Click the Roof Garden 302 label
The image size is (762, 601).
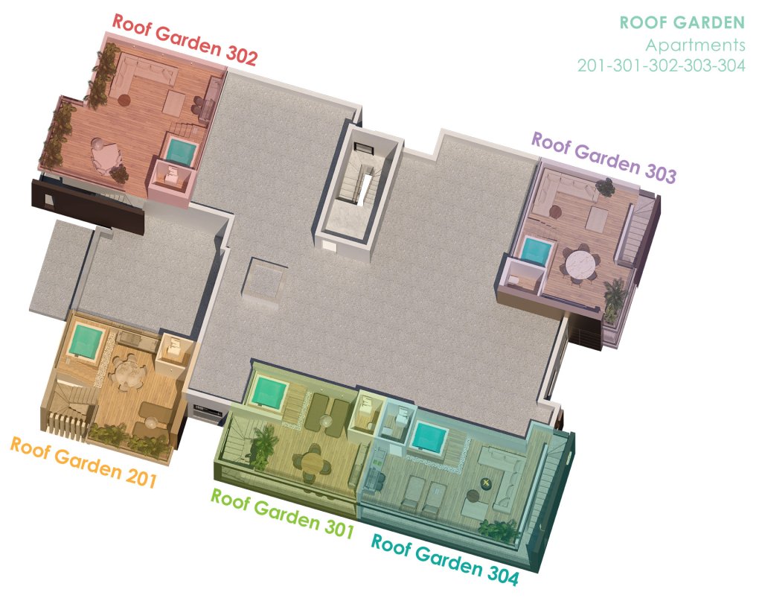click(x=185, y=39)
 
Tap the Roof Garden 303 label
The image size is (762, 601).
click(x=604, y=157)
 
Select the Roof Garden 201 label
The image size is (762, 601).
click(x=83, y=462)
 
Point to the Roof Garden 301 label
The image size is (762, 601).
click(x=282, y=513)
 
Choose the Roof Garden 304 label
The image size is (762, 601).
click(x=445, y=559)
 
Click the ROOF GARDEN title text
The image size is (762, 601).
click(x=682, y=22)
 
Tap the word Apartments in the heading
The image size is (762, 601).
click(x=696, y=45)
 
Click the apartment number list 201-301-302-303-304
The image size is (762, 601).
click(x=662, y=65)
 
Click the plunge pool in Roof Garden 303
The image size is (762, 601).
click(x=537, y=251)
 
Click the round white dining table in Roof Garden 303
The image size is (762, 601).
click(x=580, y=265)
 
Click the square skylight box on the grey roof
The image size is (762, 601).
click(x=264, y=283)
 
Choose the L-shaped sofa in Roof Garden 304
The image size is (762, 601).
click(x=502, y=474)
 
